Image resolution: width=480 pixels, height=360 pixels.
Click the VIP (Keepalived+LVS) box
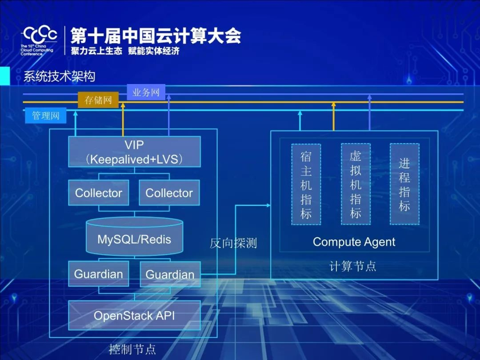click(x=134, y=152)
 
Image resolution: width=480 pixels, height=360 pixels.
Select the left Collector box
click(x=99, y=193)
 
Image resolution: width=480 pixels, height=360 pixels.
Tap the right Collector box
click(x=169, y=193)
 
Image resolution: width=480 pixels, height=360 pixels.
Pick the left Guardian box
click(x=99, y=274)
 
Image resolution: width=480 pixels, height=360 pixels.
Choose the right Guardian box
click(x=170, y=275)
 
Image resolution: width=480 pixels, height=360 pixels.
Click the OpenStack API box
click(x=134, y=316)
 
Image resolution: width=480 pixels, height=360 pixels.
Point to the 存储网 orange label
click(x=98, y=100)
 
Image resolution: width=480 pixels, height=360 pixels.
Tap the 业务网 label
click(x=146, y=92)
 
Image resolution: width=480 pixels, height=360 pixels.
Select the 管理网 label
click(x=45, y=116)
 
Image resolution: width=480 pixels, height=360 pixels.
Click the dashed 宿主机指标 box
click(x=306, y=184)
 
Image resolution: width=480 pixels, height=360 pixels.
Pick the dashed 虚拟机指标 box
click(x=356, y=184)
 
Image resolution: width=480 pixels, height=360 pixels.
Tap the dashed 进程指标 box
click(x=404, y=184)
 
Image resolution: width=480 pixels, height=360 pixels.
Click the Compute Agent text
click(x=354, y=242)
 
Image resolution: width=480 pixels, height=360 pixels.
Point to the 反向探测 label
click(x=233, y=243)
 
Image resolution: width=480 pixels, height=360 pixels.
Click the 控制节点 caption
click(x=132, y=349)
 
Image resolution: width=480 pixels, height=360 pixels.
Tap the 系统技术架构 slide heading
click(x=59, y=76)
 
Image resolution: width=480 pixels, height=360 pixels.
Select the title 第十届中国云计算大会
click(x=156, y=35)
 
